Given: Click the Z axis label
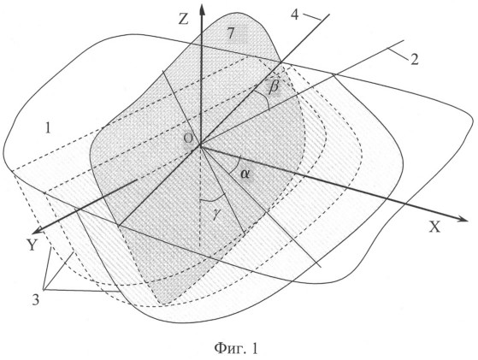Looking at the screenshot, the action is click(x=183, y=19).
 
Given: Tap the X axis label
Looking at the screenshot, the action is click(x=434, y=227).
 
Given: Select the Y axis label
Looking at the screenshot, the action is click(x=32, y=245).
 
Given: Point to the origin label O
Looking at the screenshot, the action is click(x=188, y=139).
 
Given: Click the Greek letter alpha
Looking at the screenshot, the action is click(x=245, y=174).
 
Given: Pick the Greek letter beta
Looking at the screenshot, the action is click(x=274, y=86).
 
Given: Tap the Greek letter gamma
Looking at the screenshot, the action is click(x=215, y=215).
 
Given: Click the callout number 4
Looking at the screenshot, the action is click(x=295, y=15).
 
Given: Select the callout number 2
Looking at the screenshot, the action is click(x=414, y=60).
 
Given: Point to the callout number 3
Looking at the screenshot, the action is click(x=36, y=300).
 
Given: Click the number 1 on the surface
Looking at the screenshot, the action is click(x=48, y=128).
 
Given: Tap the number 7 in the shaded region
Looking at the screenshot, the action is click(x=232, y=33).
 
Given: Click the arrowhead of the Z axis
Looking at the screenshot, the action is click(x=202, y=9).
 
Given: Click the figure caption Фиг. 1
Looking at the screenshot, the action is click(x=236, y=348).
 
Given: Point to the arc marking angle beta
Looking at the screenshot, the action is click(x=264, y=97).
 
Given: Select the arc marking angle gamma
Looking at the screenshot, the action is click(x=214, y=199).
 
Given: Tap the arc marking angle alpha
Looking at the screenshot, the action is click(x=237, y=164).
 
